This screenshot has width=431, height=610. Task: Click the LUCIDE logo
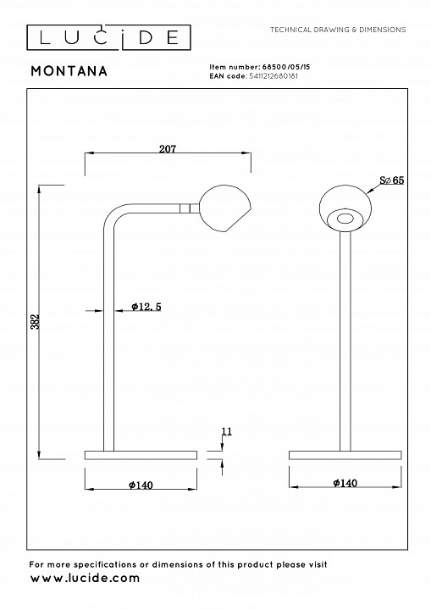pos(108,37)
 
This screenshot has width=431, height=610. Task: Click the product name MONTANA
pos(69,71)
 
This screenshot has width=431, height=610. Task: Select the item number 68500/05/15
pos(285,67)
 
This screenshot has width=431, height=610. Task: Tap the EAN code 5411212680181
pos(274,76)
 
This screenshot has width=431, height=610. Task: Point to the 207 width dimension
pos(168,149)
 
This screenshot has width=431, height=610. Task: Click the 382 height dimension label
pos(36,321)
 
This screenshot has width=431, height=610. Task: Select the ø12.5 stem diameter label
pos(146,307)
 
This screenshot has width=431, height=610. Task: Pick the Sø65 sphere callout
pos(392,180)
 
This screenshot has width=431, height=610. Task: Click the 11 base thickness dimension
pos(226,431)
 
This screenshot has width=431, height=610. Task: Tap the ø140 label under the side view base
pos(141,485)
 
